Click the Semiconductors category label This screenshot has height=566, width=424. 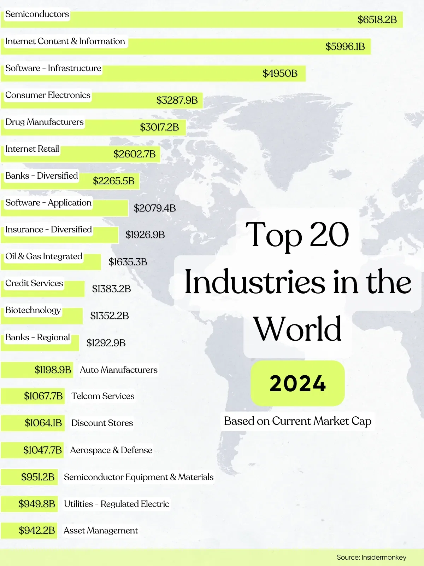pyautogui.click(x=37, y=14)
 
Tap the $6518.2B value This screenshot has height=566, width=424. pyautogui.click(x=377, y=19)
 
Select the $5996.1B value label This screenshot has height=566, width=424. pyautogui.click(x=345, y=46)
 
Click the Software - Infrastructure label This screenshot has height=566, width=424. pyautogui.click(x=53, y=68)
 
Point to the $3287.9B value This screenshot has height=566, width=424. pyautogui.click(x=177, y=100)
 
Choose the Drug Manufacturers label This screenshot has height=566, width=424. pyautogui.click(x=45, y=122)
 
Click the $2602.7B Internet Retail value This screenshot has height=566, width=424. pyautogui.click(x=134, y=154)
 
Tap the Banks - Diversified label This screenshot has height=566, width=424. pyautogui.click(x=41, y=176)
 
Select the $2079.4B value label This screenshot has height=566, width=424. pyautogui.click(x=155, y=208)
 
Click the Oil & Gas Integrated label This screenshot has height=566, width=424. pyautogui.click(x=43, y=256)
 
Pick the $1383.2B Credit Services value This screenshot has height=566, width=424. pyautogui.click(x=111, y=289)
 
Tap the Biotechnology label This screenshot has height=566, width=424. pyautogui.click(x=33, y=310)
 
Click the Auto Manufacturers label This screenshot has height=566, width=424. pyautogui.click(x=118, y=370)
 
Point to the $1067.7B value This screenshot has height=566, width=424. pyautogui.click(x=43, y=396)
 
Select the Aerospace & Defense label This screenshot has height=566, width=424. pyautogui.click(x=111, y=450)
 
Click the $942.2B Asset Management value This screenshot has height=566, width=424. pyautogui.click(x=37, y=530)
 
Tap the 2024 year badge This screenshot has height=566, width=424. pyautogui.click(x=298, y=383)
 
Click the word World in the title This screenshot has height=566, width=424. pyautogui.click(x=298, y=329)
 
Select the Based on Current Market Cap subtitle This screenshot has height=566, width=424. pyautogui.click(x=298, y=421)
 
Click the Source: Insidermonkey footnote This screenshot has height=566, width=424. pyautogui.click(x=371, y=557)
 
